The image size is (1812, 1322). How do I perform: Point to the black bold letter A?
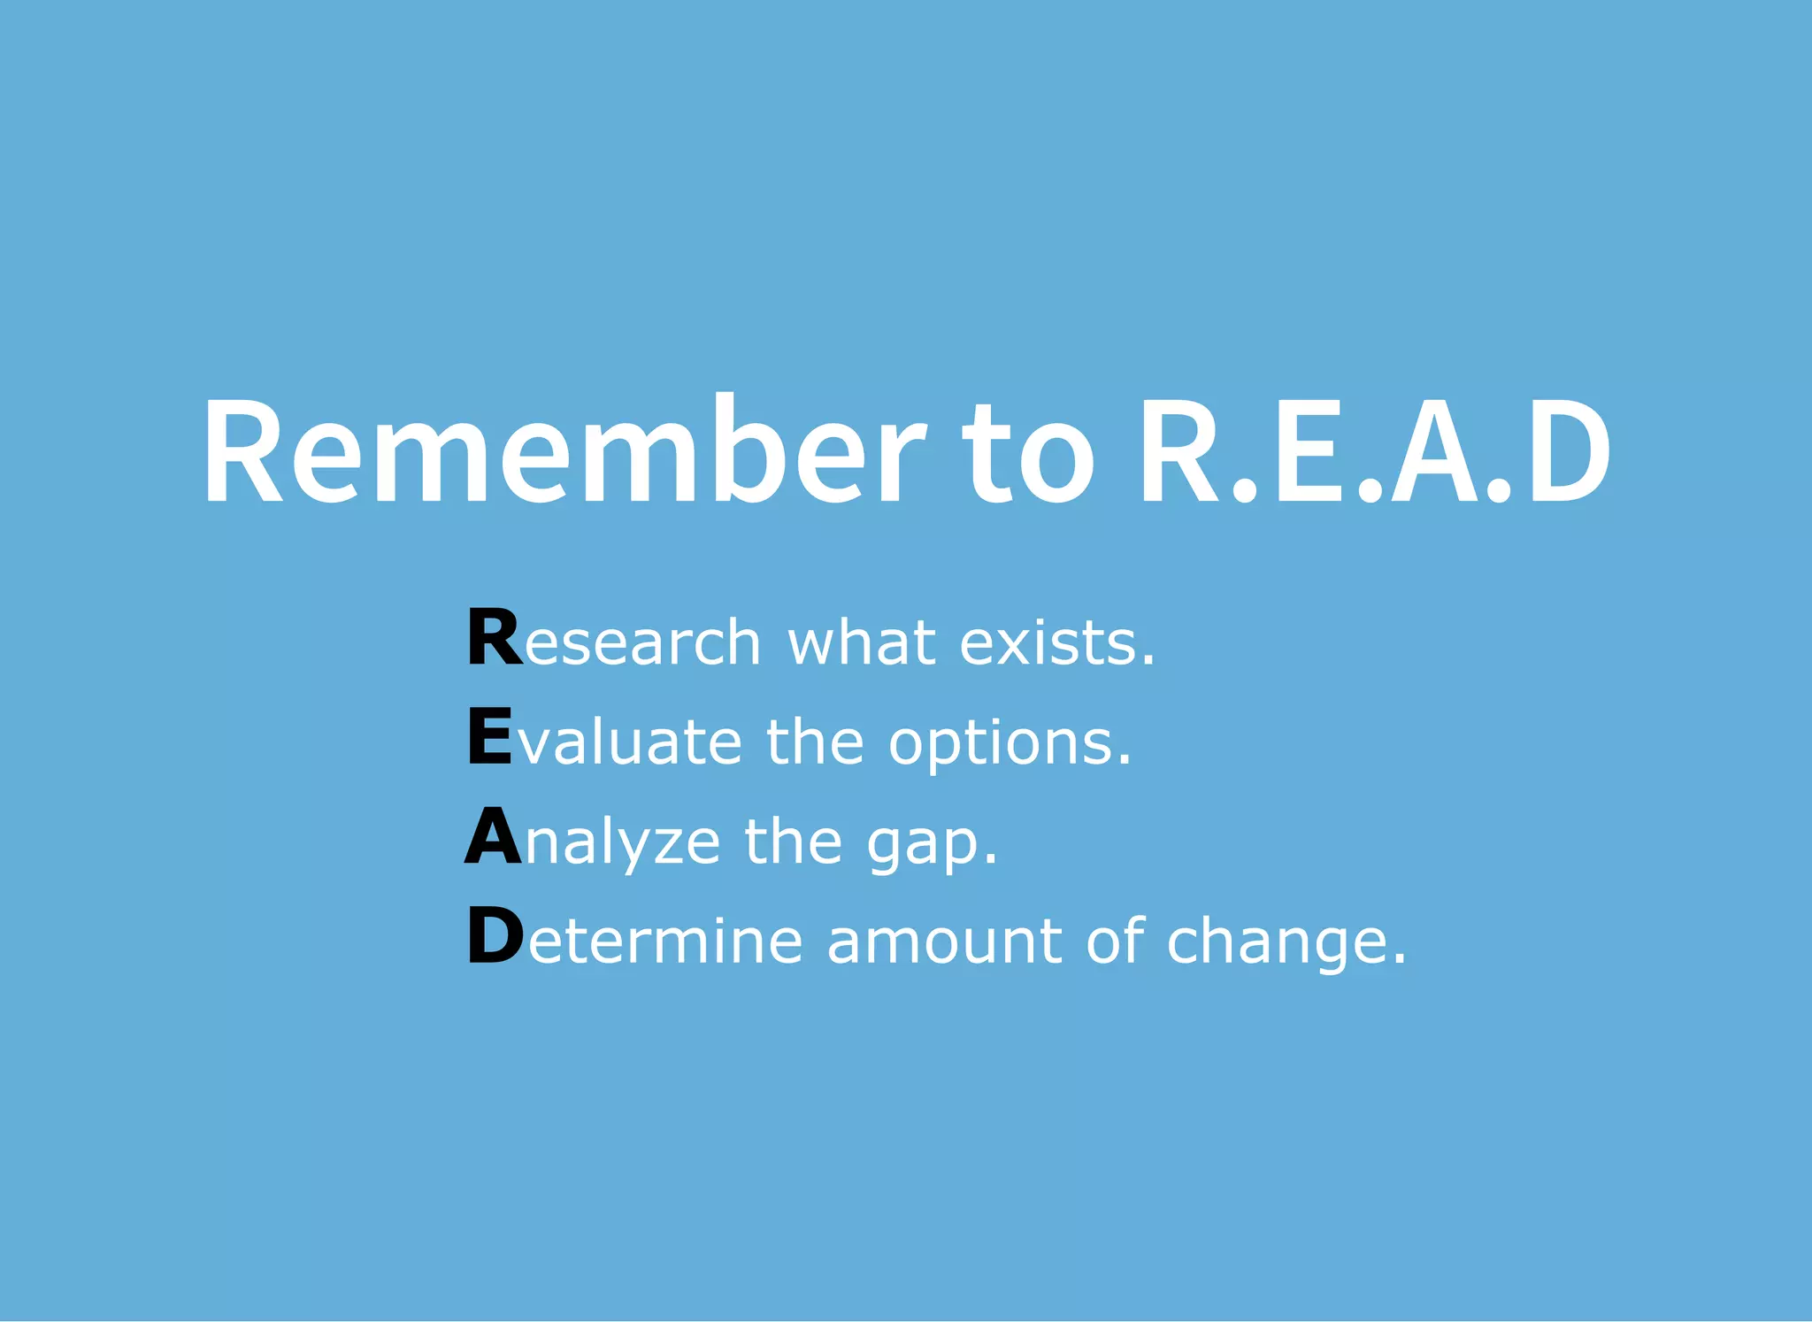pos(493,836)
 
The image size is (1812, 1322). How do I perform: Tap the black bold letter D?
pos(495,936)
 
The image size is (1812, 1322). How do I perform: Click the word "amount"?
pos(944,941)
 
